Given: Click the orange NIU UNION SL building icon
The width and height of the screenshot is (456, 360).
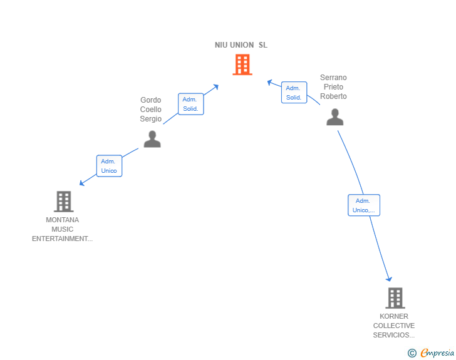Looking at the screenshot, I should pyautogui.click(x=242, y=64).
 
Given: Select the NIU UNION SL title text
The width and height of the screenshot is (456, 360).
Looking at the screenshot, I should pyautogui.click(x=241, y=45).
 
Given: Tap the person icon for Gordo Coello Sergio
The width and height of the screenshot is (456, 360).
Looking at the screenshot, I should pyautogui.click(x=152, y=139).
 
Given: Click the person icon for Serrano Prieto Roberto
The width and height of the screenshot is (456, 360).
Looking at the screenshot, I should pyautogui.click(x=335, y=117).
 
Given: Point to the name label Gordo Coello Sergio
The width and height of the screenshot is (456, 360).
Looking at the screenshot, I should pyautogui.click(x=151, y=110).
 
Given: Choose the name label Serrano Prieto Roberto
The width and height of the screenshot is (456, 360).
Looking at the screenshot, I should pyautogui.click(x=333, y=87).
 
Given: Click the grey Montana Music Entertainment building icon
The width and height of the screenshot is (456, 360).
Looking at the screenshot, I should pyautogui.click(x=63, y=202).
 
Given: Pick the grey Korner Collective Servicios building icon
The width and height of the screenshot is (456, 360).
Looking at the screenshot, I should pyautogui.click(x=395, y=298).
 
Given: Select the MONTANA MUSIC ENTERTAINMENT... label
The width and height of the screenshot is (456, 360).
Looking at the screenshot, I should pyautogui.click(x=62, y=229).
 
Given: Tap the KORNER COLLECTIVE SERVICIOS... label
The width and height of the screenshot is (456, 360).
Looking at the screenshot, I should pyautogui.click(x=394, y=326).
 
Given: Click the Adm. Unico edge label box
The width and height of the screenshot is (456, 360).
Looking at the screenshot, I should pyautogui.click(x=109, y=166).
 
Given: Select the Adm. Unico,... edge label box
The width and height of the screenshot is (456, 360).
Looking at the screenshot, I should pyautogui.click(x=364, y=205).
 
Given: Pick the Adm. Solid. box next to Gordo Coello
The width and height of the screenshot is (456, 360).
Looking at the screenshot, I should pyautogui.click(x=190, y=104).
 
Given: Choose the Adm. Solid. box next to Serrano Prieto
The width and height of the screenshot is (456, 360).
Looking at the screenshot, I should pyautogui.click(x=294, y=93).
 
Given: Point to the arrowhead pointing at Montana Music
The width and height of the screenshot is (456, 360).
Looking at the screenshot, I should pyautogui.click(x=81, y=183).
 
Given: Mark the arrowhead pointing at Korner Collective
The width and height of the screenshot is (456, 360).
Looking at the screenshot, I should pyautogui.click(x=389, y=279).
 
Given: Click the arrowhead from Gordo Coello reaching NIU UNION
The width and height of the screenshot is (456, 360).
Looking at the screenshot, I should pyautogui.click(x=215, y=86).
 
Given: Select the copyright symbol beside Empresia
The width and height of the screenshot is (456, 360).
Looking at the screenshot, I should pyautogui.click(x=412, y=353).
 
